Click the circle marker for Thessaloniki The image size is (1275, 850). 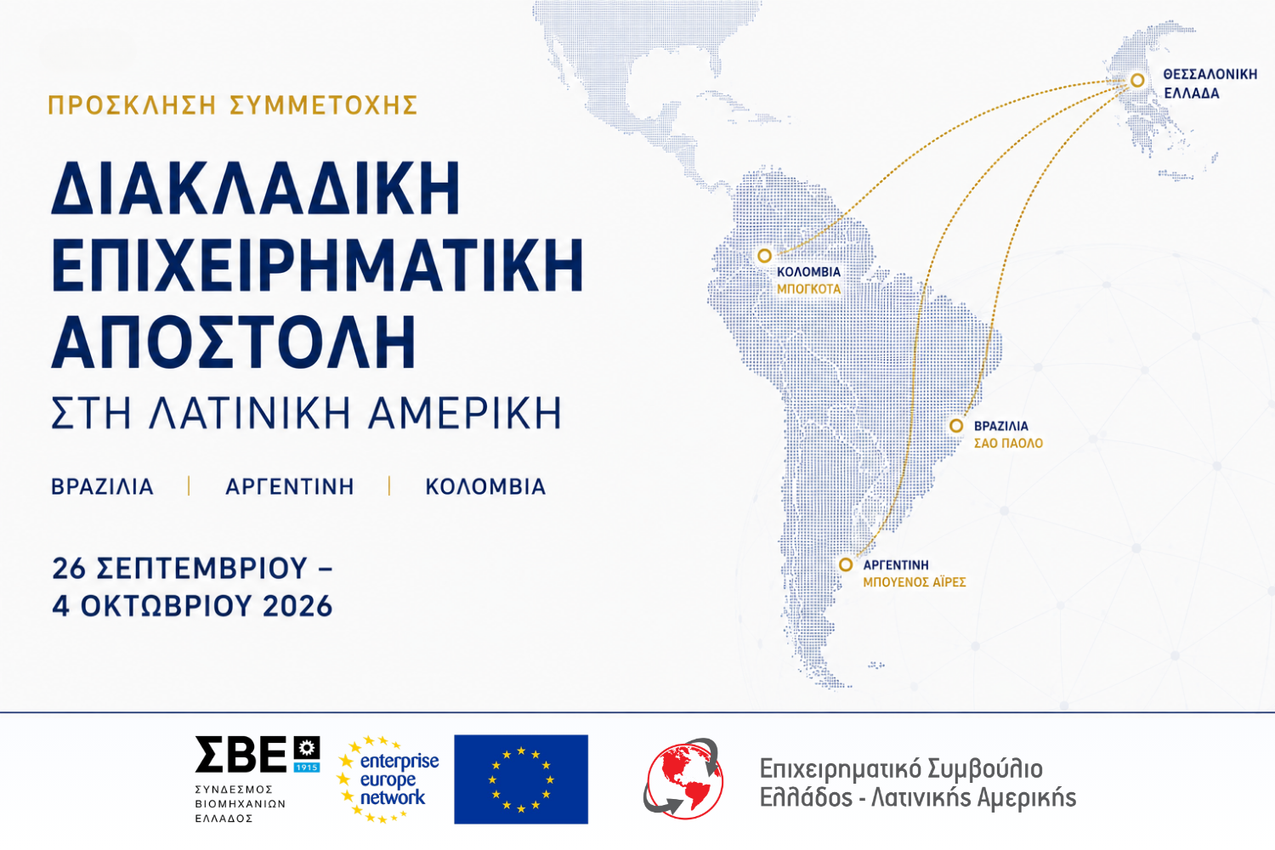click(1137, 80)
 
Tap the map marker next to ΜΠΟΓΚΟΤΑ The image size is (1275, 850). click(764, 256)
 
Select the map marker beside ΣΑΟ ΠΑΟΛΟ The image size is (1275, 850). click(956, 425)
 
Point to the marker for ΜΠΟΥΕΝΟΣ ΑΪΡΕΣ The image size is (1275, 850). click(846, 564)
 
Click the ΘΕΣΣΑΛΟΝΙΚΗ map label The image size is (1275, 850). click(1210, 75)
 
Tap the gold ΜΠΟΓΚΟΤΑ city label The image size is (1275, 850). click(809, 289)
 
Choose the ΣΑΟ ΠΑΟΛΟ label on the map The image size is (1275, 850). click(1008, 443)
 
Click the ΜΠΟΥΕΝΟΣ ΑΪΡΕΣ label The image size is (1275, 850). click(914, 582)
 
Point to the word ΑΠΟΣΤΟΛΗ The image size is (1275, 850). click(234, 343)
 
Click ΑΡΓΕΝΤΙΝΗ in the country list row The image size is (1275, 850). click(290, 487)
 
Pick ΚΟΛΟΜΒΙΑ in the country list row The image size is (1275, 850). click(485, 487)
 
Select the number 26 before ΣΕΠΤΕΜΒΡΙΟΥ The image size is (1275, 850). click(69, 568)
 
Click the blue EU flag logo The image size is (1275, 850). click(521, 779)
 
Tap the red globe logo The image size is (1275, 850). click(683, 779)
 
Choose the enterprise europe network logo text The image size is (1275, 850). click(399, 779)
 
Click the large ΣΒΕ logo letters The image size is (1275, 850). click(241, 754)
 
